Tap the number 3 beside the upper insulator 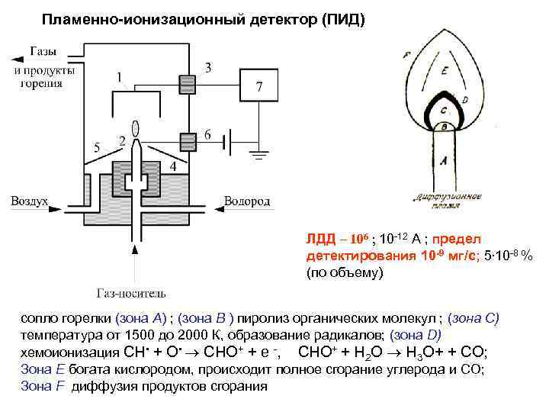click(209, 67)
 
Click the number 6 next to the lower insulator click(208, 134)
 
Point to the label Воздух click(29, 201)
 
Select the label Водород click(246, 201)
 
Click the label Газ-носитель click(131, 292)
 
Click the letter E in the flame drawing click(445, 71)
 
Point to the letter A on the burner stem click(444, 159)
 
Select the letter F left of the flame click(407, 55)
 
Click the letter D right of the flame click(464, 100)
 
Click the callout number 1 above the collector click(120, 77)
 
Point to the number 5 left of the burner click(95, 146)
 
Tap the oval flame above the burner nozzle click(134, 128)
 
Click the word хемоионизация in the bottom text click(68, 352)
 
